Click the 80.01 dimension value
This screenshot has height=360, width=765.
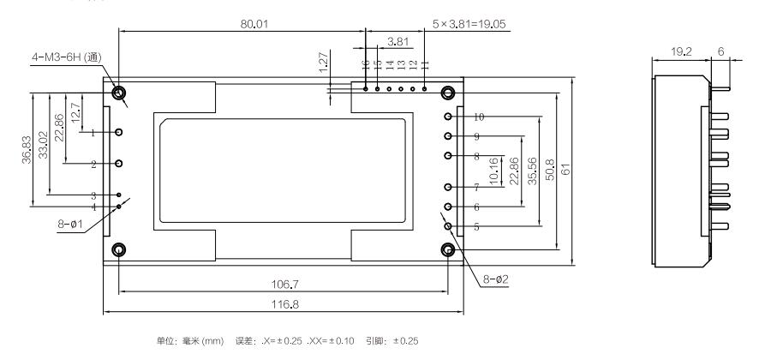coord(254,24)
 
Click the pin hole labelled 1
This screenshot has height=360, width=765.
coord(119,132)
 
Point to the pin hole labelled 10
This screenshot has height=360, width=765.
coord(447,117)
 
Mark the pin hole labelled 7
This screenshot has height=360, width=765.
coord(447,187)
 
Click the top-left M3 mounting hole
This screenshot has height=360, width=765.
coord(117,93)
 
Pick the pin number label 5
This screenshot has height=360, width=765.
coord(477,227)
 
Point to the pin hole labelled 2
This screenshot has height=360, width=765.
coord(119,163)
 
